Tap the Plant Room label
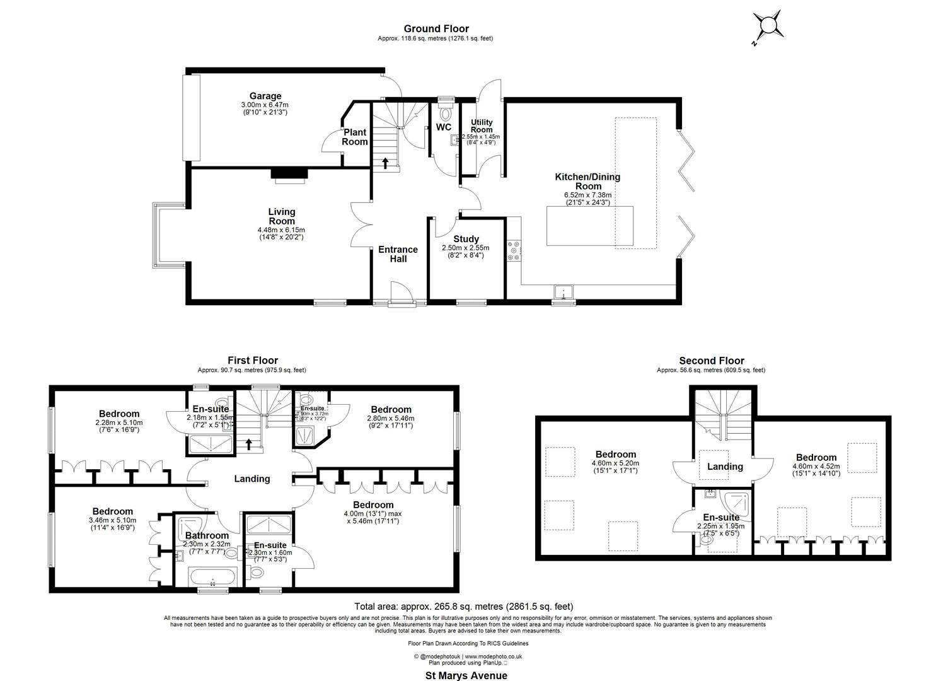click(x=355, y=137)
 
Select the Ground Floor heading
click(x=436, y=28)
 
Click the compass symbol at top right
click(x=769, y=26)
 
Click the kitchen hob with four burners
click(x=514, y=250)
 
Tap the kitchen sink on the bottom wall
click(x=563, y=291)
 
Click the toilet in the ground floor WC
click(x=446, y=114)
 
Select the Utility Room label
click(x=482, y=125)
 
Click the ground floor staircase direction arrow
click(x=385, y=163)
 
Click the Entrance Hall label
click(x=398, y=253)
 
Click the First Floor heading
click(x=252, y=361)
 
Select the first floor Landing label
click(x=252, y=479)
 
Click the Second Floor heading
click(x=711, y=361)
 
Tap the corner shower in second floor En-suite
click(x=737, y=502)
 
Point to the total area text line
click(x=464, y=607)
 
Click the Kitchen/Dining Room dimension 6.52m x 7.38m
click(x=587, y=195)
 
